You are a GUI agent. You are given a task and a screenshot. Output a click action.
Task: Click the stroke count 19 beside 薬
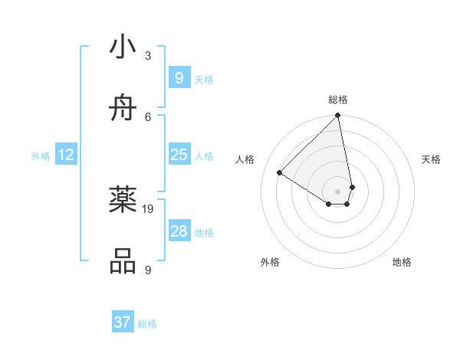point(149,208)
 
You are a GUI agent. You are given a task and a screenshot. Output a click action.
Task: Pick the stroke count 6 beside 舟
point(148,116)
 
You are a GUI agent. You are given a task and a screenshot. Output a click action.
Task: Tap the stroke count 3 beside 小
point(148,55)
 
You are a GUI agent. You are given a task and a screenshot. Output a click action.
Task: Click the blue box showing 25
point(179,155)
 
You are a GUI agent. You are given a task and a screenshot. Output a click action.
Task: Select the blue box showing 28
point(179,231)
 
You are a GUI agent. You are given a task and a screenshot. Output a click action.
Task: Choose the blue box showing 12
point(65,155)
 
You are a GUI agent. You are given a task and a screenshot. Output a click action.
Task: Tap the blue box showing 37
point(122,322)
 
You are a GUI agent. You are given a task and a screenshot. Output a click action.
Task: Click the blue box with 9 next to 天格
point(179,78)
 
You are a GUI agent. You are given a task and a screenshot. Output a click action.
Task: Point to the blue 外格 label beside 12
point(41,156)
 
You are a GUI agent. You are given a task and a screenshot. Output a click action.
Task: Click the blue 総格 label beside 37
point(147,324)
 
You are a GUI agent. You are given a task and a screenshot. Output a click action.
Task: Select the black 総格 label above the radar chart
point(338,100)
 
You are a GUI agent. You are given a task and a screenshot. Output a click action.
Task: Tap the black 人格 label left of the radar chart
point(245,159)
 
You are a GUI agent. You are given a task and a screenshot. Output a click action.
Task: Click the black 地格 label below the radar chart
point(402,263)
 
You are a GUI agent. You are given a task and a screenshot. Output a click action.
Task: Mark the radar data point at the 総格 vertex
point(338,116)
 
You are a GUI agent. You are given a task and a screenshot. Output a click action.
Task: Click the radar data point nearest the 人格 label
point(280,172)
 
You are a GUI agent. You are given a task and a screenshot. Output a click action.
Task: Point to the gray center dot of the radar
point(338,191)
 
